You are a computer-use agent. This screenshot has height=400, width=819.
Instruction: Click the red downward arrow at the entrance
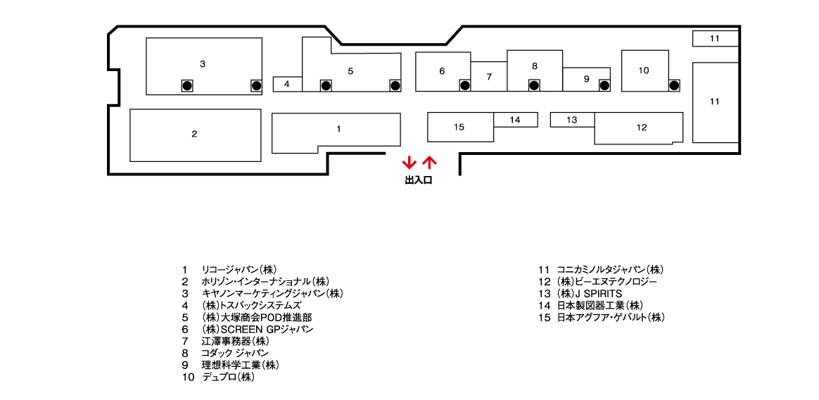click(409, 163)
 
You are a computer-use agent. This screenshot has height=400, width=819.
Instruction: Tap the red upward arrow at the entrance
click(428, 163)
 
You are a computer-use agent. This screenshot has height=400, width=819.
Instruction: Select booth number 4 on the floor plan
click(287, 84)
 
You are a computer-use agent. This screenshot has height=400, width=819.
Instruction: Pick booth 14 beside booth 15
click(516, 120)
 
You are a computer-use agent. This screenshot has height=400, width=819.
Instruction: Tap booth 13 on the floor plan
click(573, 120)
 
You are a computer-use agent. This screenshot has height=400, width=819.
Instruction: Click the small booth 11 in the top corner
click(715, 38)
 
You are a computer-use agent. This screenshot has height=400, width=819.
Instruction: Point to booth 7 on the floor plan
click(489, 76)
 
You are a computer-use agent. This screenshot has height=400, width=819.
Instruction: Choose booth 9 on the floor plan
click(587, 79)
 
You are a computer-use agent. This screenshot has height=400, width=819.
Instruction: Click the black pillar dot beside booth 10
click(674, 85)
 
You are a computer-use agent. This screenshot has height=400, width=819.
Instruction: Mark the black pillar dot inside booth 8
click(533, 85)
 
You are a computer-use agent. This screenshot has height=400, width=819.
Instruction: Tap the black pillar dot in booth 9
click(604, 85)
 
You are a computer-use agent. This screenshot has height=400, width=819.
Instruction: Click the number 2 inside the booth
click(194, 134)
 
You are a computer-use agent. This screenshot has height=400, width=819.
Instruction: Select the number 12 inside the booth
click(642, 127)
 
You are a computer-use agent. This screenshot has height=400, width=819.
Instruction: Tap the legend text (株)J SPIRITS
click(589, 294)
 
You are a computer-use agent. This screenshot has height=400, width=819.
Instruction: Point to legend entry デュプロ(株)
click(228, 377)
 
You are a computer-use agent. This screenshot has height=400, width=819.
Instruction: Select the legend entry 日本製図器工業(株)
click(599, 306)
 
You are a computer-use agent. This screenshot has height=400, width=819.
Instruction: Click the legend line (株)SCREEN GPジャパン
click(258, 330)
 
